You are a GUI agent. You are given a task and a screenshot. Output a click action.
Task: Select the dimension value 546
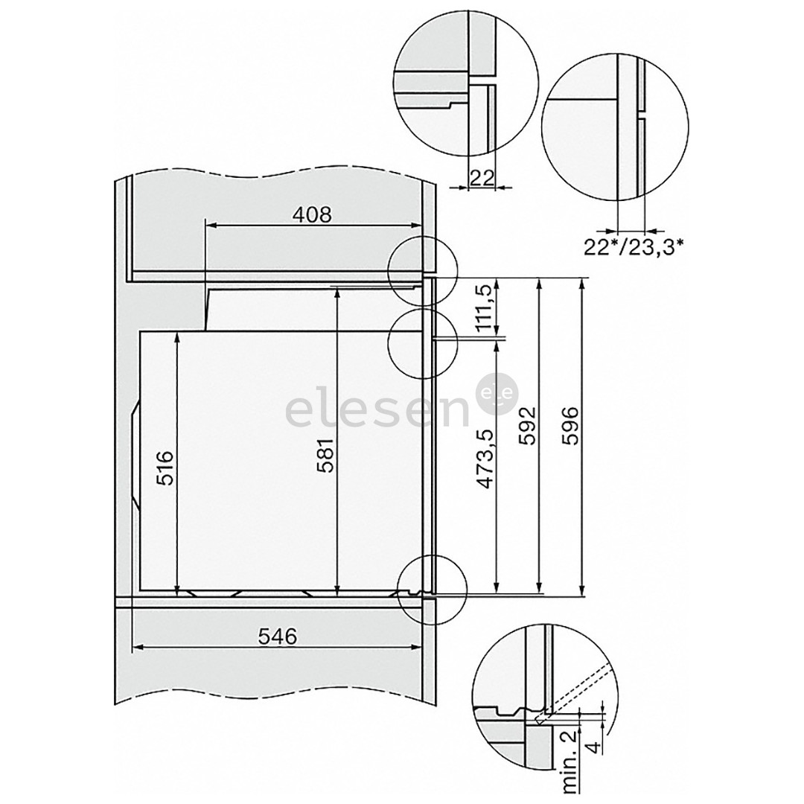(x=278, y=636)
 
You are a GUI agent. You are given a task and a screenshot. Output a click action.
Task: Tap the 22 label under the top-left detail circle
(x=482, y=177)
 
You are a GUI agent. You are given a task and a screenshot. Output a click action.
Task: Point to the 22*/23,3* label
(x=634, y=246)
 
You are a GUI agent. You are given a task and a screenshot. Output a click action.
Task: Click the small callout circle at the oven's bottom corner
(x=432, y=592)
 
